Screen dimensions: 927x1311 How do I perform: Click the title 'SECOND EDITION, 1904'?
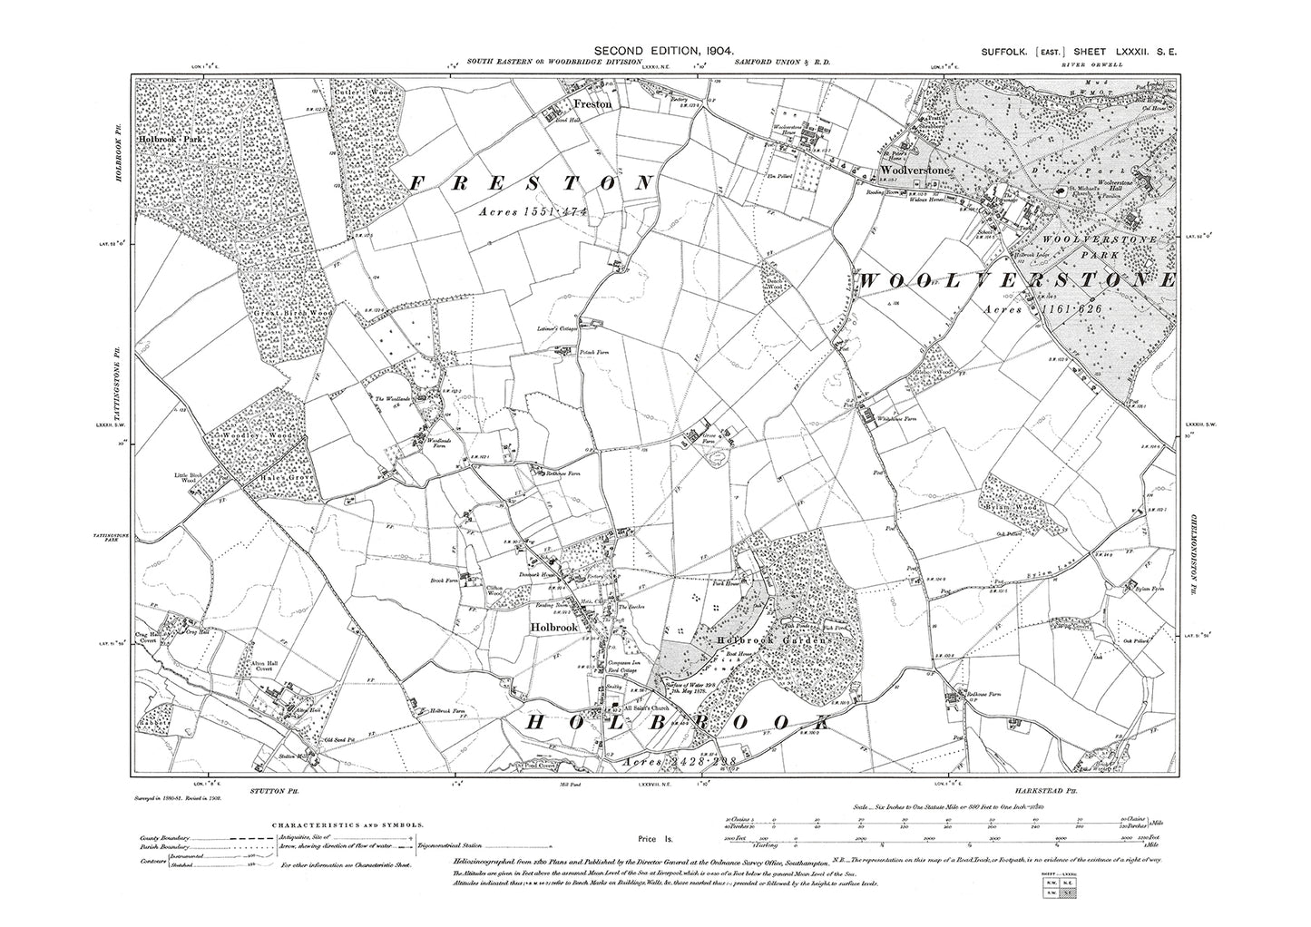point(664,54)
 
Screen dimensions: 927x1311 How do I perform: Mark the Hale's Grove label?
point(284,477)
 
